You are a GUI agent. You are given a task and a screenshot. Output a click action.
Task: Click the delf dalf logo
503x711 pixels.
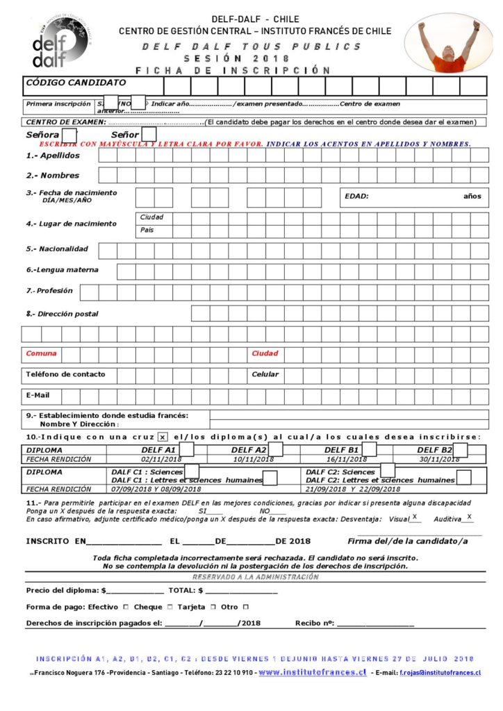[60, 43]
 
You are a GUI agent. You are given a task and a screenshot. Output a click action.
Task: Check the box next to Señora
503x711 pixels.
[69, 135]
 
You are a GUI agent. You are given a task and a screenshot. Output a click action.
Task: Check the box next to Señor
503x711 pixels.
[148, 135]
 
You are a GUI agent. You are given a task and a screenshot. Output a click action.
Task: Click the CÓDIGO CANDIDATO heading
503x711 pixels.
[76, 83]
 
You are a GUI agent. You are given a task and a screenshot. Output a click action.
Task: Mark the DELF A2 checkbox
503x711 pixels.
[276, 449]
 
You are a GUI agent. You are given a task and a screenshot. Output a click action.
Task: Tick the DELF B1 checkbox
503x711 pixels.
[369, 449]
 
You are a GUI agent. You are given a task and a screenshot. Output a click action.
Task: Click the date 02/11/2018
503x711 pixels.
[160, 459]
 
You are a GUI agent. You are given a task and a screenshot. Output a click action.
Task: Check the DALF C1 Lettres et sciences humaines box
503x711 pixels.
[270, 478]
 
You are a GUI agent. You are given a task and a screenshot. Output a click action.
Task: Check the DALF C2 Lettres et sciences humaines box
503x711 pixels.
[463, 478]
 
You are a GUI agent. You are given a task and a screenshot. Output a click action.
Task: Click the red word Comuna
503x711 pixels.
[41, 353]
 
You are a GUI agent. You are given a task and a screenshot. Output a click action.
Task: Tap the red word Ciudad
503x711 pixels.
[264, 353]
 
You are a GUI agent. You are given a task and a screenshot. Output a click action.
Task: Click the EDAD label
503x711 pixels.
[356, 196]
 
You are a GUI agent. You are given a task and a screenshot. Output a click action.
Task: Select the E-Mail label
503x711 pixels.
[38, 395]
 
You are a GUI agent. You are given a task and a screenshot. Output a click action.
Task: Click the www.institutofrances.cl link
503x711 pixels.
[312, 672]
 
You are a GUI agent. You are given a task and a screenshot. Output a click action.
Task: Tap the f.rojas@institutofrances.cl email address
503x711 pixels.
[440, 673]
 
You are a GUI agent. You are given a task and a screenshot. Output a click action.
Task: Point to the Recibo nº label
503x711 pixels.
[315, 623]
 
